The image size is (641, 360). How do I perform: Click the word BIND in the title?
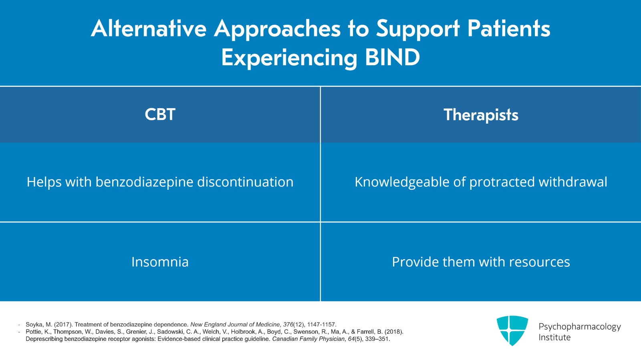click(392, 57)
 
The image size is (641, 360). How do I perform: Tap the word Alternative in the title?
click(149, 29)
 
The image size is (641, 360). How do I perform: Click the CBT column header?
click(160, 115)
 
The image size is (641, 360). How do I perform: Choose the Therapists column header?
click(481, 115)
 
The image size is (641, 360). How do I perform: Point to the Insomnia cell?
click(160, 262)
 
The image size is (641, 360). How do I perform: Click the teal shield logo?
click(512, 330)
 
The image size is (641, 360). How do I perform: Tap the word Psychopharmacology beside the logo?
click(579, 327)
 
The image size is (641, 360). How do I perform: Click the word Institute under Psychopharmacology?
click(554, 338)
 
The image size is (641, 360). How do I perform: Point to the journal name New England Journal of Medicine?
click(235, 325)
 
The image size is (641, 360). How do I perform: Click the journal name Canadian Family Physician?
click(308, 339)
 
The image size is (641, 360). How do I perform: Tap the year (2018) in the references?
click(394, 332)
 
